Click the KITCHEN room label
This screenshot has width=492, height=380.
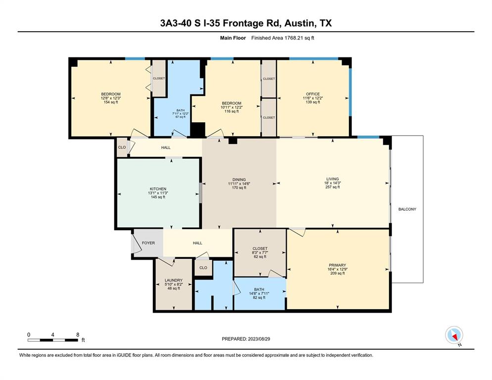coord(158,189)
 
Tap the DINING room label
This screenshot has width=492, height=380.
coord(239,180)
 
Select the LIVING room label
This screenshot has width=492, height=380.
coord(333,179)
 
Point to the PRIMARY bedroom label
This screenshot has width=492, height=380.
coord(337,265)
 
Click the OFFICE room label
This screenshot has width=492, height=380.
coord(313,94)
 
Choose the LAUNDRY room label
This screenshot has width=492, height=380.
coord(174,280)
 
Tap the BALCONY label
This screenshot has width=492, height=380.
coord(407,209)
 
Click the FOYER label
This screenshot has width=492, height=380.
coord(148,243)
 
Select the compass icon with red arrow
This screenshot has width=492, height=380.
coord(454,335)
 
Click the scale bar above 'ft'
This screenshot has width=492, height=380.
coord(52,340)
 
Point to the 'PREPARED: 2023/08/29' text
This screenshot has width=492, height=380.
coord(246,339)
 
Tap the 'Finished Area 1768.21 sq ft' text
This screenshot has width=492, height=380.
coord(283,38)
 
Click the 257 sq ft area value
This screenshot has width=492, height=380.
coord(333,187)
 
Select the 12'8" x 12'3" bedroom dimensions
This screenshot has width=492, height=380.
coord(111,98)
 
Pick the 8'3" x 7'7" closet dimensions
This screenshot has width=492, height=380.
coord(260,253)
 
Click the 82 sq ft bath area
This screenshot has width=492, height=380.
coord(259,297)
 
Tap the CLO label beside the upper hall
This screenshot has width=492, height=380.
coord(122,147)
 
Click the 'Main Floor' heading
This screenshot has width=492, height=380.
coord(233,38)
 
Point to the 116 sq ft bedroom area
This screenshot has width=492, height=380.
coord(232,111)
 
